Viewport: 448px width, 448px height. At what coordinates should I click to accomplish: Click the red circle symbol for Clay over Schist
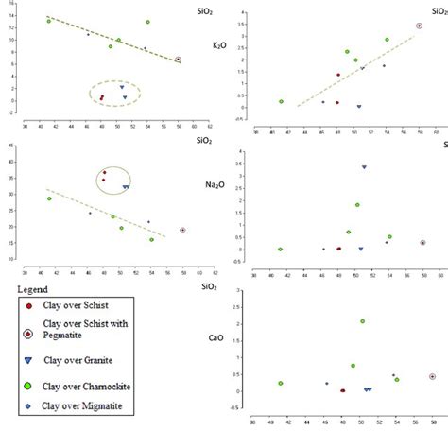point(28,305)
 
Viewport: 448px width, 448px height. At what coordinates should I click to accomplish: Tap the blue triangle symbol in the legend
point(28,363)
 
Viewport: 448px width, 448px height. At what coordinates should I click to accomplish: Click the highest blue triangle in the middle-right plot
point(365,167)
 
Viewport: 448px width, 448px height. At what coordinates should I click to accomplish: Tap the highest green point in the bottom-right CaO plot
point(362,321)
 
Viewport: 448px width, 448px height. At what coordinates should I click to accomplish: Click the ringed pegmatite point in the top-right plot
point(420,26)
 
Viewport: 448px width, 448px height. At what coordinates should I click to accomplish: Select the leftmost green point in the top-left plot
point(49,20)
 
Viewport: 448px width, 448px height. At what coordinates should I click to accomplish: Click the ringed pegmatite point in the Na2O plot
point(183,230)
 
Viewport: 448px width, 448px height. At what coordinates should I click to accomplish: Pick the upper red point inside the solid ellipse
point(105,173)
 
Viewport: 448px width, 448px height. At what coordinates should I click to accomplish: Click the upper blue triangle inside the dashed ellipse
point(122,87)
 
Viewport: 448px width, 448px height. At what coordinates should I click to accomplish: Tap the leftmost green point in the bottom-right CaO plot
point(281,383)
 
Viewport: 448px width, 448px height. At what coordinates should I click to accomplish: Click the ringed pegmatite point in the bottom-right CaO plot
point(432,376)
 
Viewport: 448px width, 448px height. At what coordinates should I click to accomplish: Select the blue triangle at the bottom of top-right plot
point(359,107)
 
